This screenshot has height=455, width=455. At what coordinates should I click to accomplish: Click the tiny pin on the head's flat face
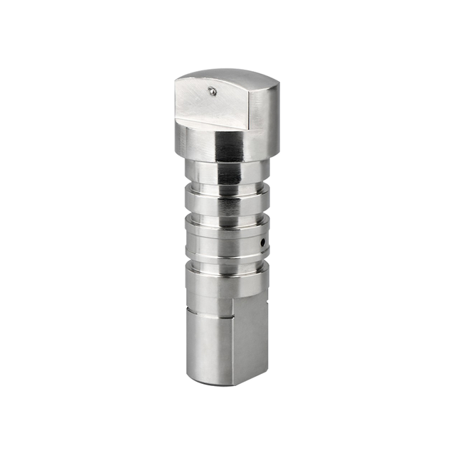(212, 90)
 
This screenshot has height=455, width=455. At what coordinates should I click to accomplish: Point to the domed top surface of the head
(227, 75)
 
